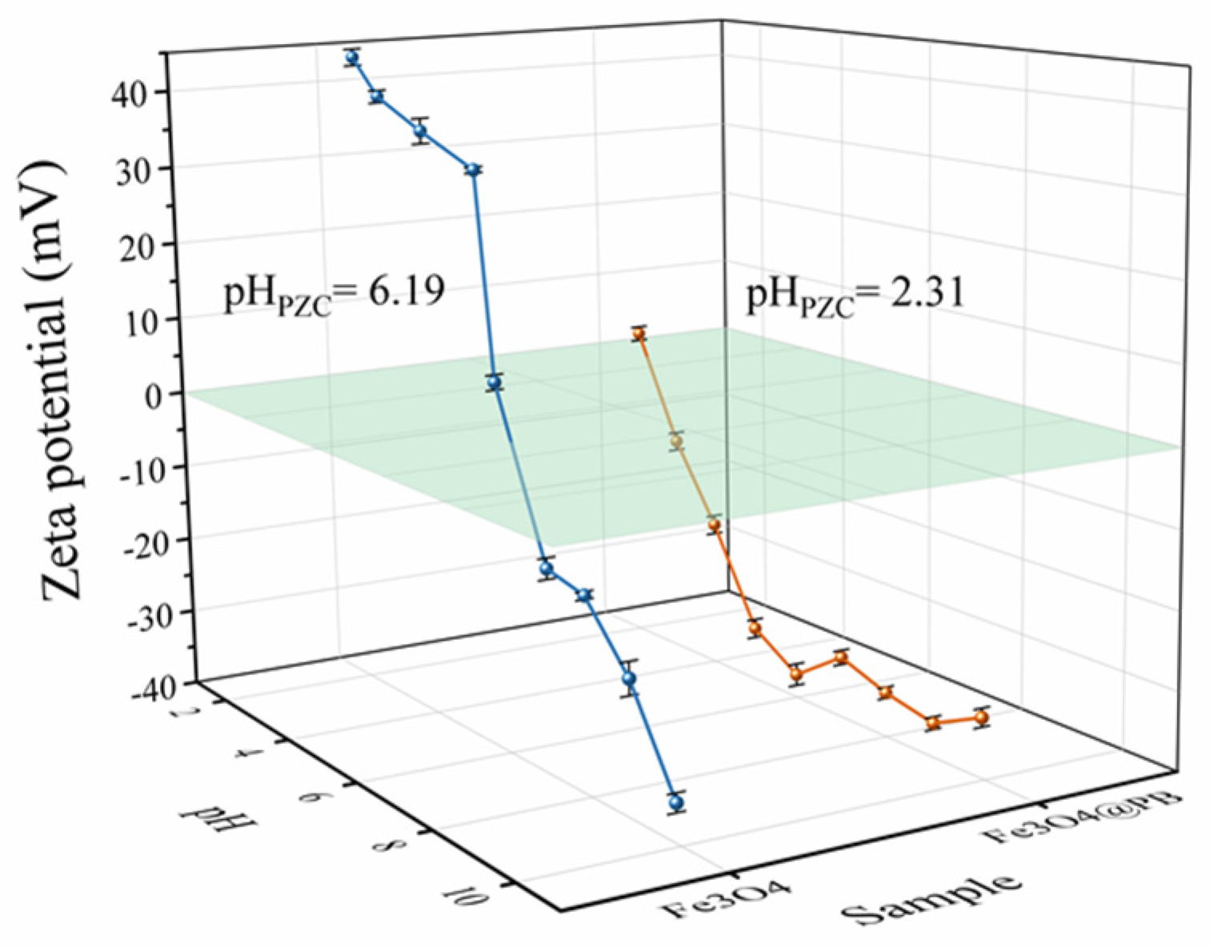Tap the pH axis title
pos(204,817)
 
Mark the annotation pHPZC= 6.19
pos(334,293)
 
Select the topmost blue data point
pos(352,58)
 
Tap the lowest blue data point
pos(677,801)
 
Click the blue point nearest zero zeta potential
pos(495,383)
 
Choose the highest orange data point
pos(639,334)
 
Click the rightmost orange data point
pos(981,717)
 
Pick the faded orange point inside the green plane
pos(677,442)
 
